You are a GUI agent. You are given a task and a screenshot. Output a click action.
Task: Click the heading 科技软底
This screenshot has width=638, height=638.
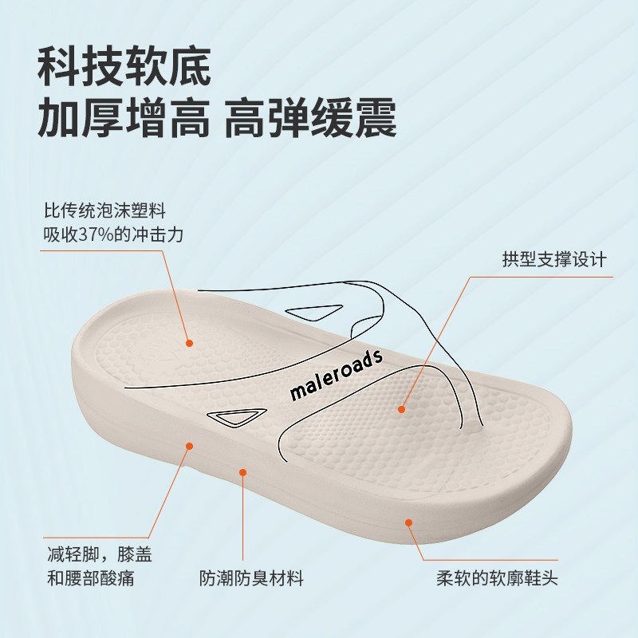click(x=124, y=66)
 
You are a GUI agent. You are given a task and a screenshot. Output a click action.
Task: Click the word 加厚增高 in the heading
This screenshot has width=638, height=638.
click(x=124, y=117)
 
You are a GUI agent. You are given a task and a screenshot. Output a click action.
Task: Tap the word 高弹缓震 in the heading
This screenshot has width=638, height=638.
click(x=310, y=117)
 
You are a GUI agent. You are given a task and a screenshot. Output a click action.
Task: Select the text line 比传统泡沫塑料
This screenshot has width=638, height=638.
click(x=104, y=211)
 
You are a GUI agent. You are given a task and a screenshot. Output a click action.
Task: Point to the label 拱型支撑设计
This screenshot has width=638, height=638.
click(x=554, y=259)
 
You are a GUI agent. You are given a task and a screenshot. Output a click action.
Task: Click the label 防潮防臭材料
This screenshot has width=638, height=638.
click(x=251, y=578)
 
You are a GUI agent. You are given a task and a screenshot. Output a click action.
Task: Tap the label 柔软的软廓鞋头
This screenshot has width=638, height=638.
click(x=497, y=578)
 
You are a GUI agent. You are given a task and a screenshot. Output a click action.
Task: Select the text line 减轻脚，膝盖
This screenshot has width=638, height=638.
click(x=99, y=554)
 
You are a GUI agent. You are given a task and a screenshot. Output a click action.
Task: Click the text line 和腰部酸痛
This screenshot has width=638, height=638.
click(x=91, y=578)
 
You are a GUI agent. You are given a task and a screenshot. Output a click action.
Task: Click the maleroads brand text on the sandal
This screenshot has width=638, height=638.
click(x=336, y=375)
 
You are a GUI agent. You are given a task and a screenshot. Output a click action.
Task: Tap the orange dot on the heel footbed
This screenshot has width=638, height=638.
click(x=189, y=343)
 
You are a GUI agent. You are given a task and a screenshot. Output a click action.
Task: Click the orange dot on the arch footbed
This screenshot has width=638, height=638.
click(x=402, y=409)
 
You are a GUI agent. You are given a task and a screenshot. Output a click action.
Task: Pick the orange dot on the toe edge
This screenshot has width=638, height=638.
click(x=409, y=522)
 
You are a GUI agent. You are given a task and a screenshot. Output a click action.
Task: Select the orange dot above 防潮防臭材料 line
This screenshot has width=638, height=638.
click(x=243, y=472)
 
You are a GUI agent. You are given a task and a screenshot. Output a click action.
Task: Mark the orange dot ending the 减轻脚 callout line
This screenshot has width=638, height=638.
click(x=189, y=446)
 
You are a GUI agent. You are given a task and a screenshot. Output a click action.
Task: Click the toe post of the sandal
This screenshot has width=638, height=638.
click(x=471, y=423)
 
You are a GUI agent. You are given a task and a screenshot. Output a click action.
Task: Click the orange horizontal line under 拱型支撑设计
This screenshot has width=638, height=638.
click(x=542, y=277)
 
